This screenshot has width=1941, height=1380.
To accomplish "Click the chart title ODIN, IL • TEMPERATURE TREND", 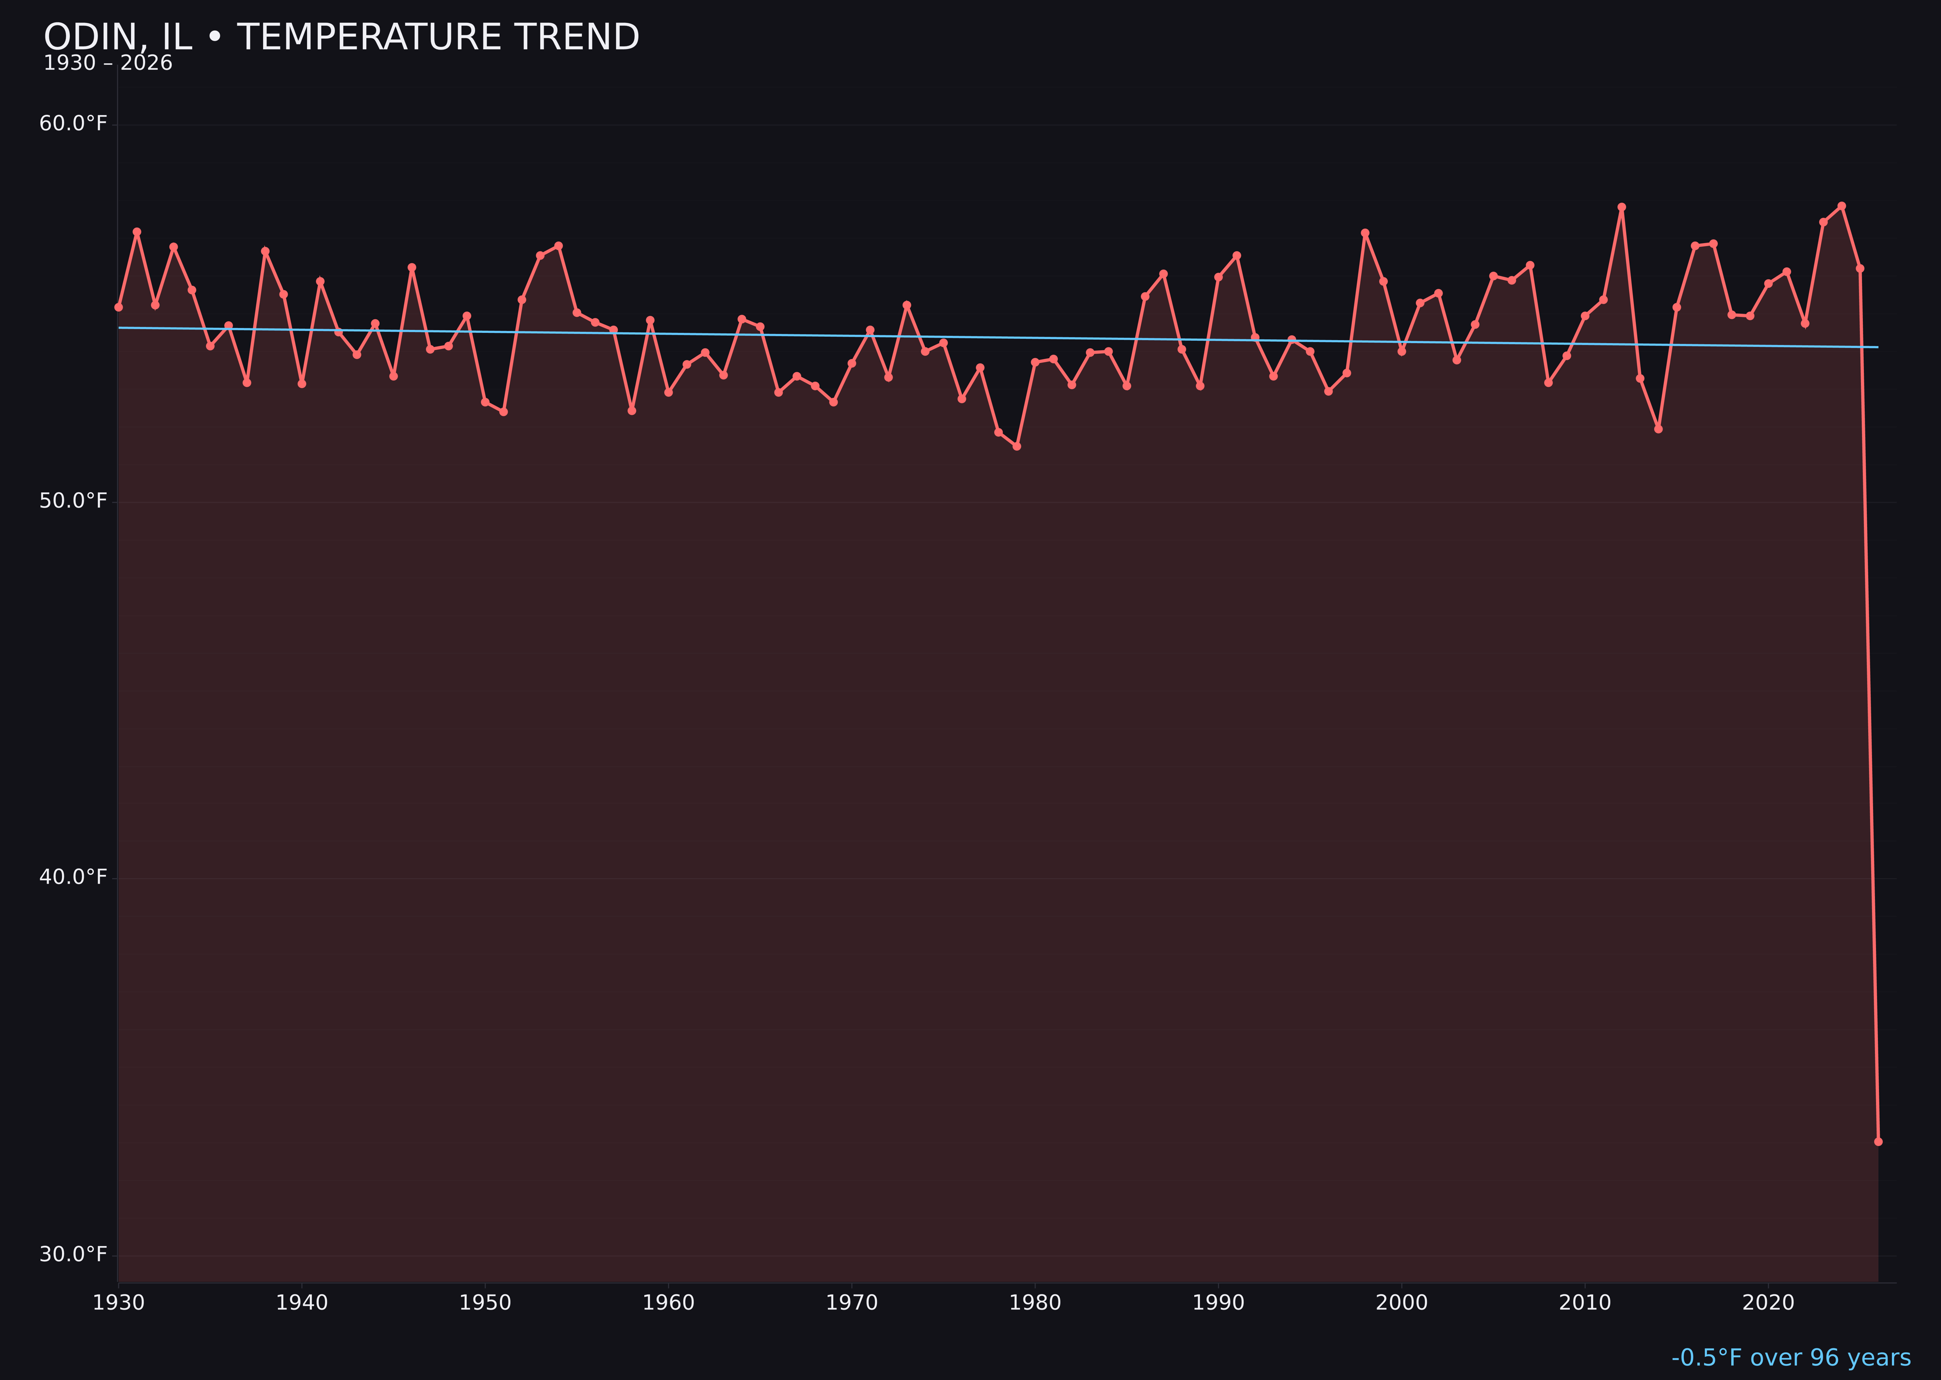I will [341, 37].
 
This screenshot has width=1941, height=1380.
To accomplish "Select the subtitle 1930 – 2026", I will [108, 64].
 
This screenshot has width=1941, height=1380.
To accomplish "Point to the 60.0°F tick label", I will [73, 124].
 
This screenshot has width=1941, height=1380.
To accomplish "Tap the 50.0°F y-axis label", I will [73, 501].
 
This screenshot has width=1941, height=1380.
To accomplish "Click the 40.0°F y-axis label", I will [73, 877].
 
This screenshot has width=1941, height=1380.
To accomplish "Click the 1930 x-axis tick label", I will [119, 1303].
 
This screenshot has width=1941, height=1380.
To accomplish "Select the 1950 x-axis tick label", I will [485, 1303].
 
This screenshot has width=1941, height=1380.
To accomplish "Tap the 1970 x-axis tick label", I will [852, 1303].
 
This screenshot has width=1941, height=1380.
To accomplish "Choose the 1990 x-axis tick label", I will [1218, 1303].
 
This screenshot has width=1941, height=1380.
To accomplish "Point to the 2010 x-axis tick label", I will [1585, 1303].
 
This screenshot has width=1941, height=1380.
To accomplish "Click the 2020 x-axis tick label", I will [1768, 1303].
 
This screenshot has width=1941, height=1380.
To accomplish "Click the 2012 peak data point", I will [1622, 207].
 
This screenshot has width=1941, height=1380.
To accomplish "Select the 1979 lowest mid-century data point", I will [1017, 446].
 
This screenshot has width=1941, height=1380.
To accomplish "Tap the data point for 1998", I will [1365, 233].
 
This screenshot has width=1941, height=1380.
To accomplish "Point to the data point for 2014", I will [1658, 429].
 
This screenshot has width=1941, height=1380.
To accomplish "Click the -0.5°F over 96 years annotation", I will [1791, 1358].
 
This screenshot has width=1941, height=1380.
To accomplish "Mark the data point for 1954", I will [559, 246].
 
